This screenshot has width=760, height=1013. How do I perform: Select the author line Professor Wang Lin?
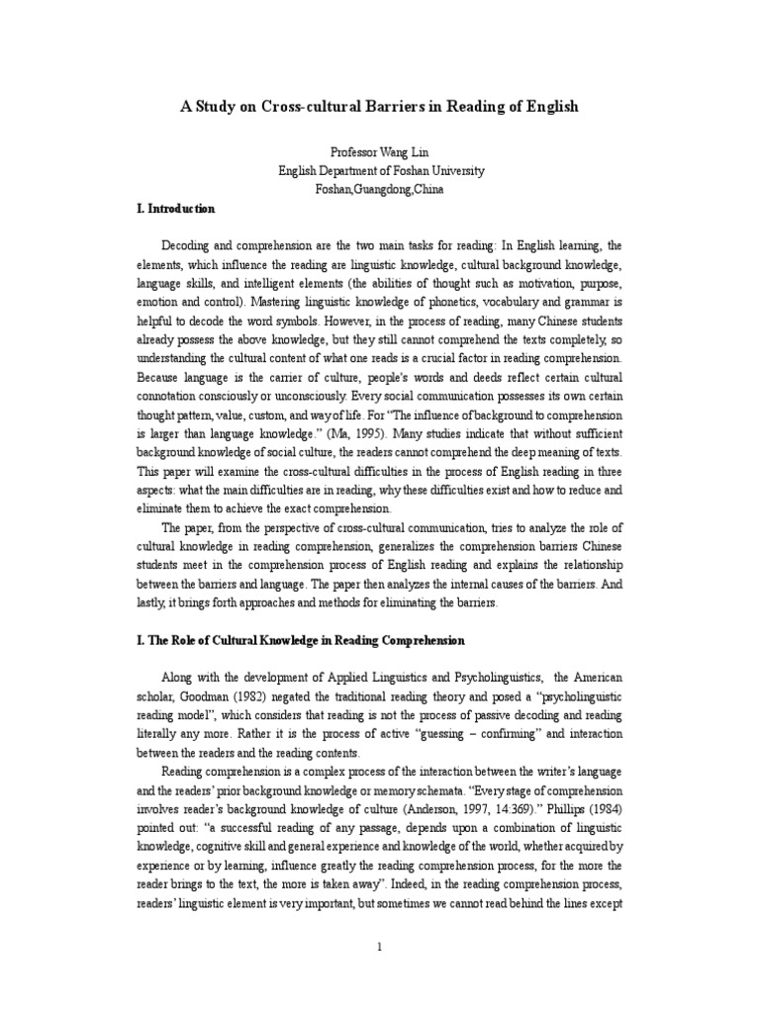pyautogui.click(x=381, y=153)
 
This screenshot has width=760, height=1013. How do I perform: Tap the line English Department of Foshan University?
pyautogui.click(x=381, y=171)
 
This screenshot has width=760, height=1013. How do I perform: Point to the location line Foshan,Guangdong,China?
pyautogui.click(x=381, y=190)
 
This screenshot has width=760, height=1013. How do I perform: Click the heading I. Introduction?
pyautogui.click(x=175, y=209)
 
